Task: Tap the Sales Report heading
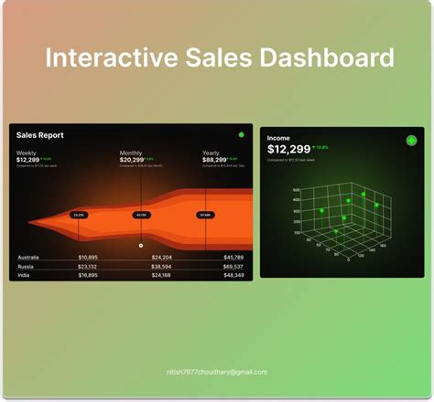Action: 40,135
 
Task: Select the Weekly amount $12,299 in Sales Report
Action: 27,160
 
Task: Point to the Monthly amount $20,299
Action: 132,160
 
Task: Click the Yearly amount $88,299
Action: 216,160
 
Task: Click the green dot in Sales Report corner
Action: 241,135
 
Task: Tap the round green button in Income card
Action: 411,141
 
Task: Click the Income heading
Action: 278,138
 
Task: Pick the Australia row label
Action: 28,257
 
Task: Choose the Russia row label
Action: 26,266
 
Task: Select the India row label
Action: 24,274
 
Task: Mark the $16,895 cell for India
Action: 88,274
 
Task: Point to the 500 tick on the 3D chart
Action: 297,190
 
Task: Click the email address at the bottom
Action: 217,372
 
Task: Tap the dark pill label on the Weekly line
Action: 79,215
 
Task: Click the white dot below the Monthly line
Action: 141,245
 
